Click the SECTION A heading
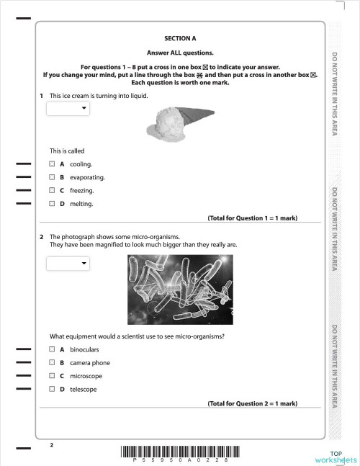pos(180,37)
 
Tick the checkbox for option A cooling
pos(52,164)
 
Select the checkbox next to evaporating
pos(52,177)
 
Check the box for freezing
pos(52,191)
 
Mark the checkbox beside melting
pos(52,204)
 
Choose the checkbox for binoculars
pos(52,349)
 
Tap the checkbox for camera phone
pos(52,363)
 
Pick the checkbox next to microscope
pos(52,376)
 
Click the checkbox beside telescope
pos(52,390)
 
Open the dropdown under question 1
pos(68,109)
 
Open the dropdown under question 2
pos(68,264)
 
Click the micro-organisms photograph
pos(179,289)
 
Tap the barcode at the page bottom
pos(179,452)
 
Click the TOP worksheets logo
pos(336,455)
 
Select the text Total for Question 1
pos(252,218)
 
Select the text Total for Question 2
pos(252,404)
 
